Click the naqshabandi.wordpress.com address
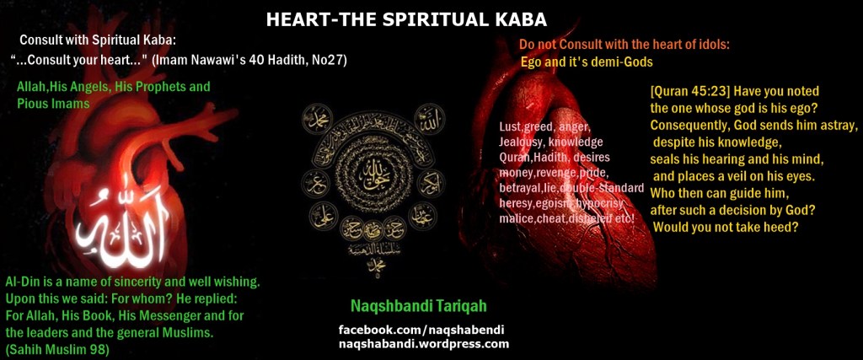pyautogui.click(x=424, y=343)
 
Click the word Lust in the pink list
pyautogui.click(x=510, y=127)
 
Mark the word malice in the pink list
pyautogui.click(x=517, y=218)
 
